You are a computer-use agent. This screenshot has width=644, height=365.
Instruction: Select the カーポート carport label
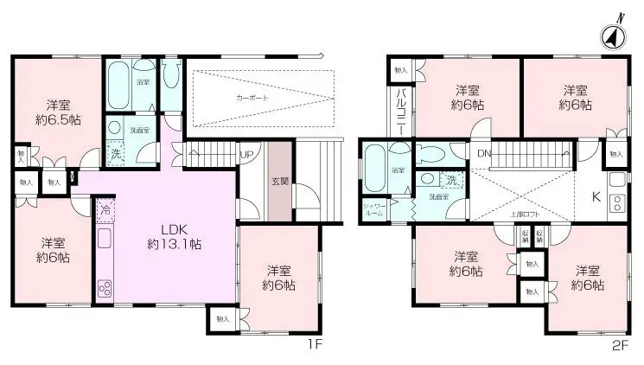pyautogui.click(x=252, y=99)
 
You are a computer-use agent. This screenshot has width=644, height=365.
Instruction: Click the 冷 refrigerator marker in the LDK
pyautogui.click(x=105, y=210)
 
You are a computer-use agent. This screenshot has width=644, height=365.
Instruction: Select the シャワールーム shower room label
pyautogui.click(x=376, y=209)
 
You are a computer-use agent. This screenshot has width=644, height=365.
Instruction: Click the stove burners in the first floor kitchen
pyautogui.click(x=105, y=287)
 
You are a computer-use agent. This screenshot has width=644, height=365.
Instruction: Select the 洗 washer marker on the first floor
pyautogui.click(x=115, y=154)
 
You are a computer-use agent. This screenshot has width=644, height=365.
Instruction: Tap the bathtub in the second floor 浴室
pyautogui.click(x=374, y=168)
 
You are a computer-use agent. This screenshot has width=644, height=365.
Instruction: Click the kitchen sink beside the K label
pyautogui.click(x=616, y=182)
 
